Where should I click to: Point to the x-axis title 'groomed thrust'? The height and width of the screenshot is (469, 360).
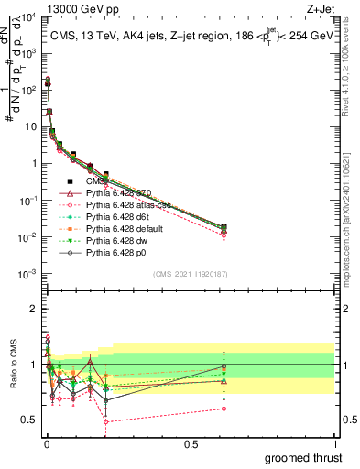point(304,455)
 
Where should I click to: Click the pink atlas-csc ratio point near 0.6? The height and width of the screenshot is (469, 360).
point(224,409)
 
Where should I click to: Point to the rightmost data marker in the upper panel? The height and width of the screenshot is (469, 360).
point(224,226)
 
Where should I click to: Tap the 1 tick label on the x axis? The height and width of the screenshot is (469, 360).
point(334,444)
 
